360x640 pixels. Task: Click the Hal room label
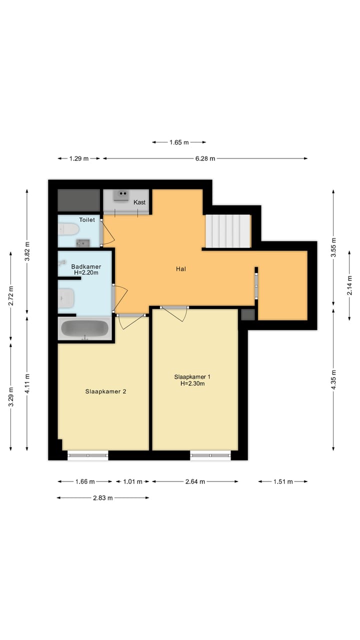coord(181,269)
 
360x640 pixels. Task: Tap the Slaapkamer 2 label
coord(105,391)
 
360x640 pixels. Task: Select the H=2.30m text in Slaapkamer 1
coord(192,384)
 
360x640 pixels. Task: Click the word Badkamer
coord(86,266)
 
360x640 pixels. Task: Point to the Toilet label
coord(87,219)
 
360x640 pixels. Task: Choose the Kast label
coord(139,202)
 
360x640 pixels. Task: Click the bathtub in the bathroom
coord(84,328)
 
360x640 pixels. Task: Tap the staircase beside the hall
coord(228,230)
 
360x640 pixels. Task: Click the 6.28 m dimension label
coord(205,158)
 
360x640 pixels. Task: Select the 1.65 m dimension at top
coord(179,142)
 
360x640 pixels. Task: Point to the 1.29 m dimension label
coord(78,158)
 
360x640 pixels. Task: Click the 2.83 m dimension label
coord(103,498)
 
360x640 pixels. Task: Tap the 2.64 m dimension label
coord(195,482)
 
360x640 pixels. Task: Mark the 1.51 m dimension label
coord(283,482)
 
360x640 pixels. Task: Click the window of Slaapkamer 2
coord(88,455)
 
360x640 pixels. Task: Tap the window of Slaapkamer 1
coord(210,455)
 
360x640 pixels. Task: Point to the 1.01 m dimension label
coord(132,482)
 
